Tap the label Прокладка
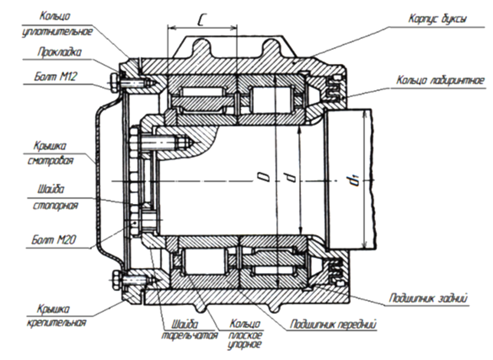(x=58, y=52)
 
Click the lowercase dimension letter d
(x=290, y=180)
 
